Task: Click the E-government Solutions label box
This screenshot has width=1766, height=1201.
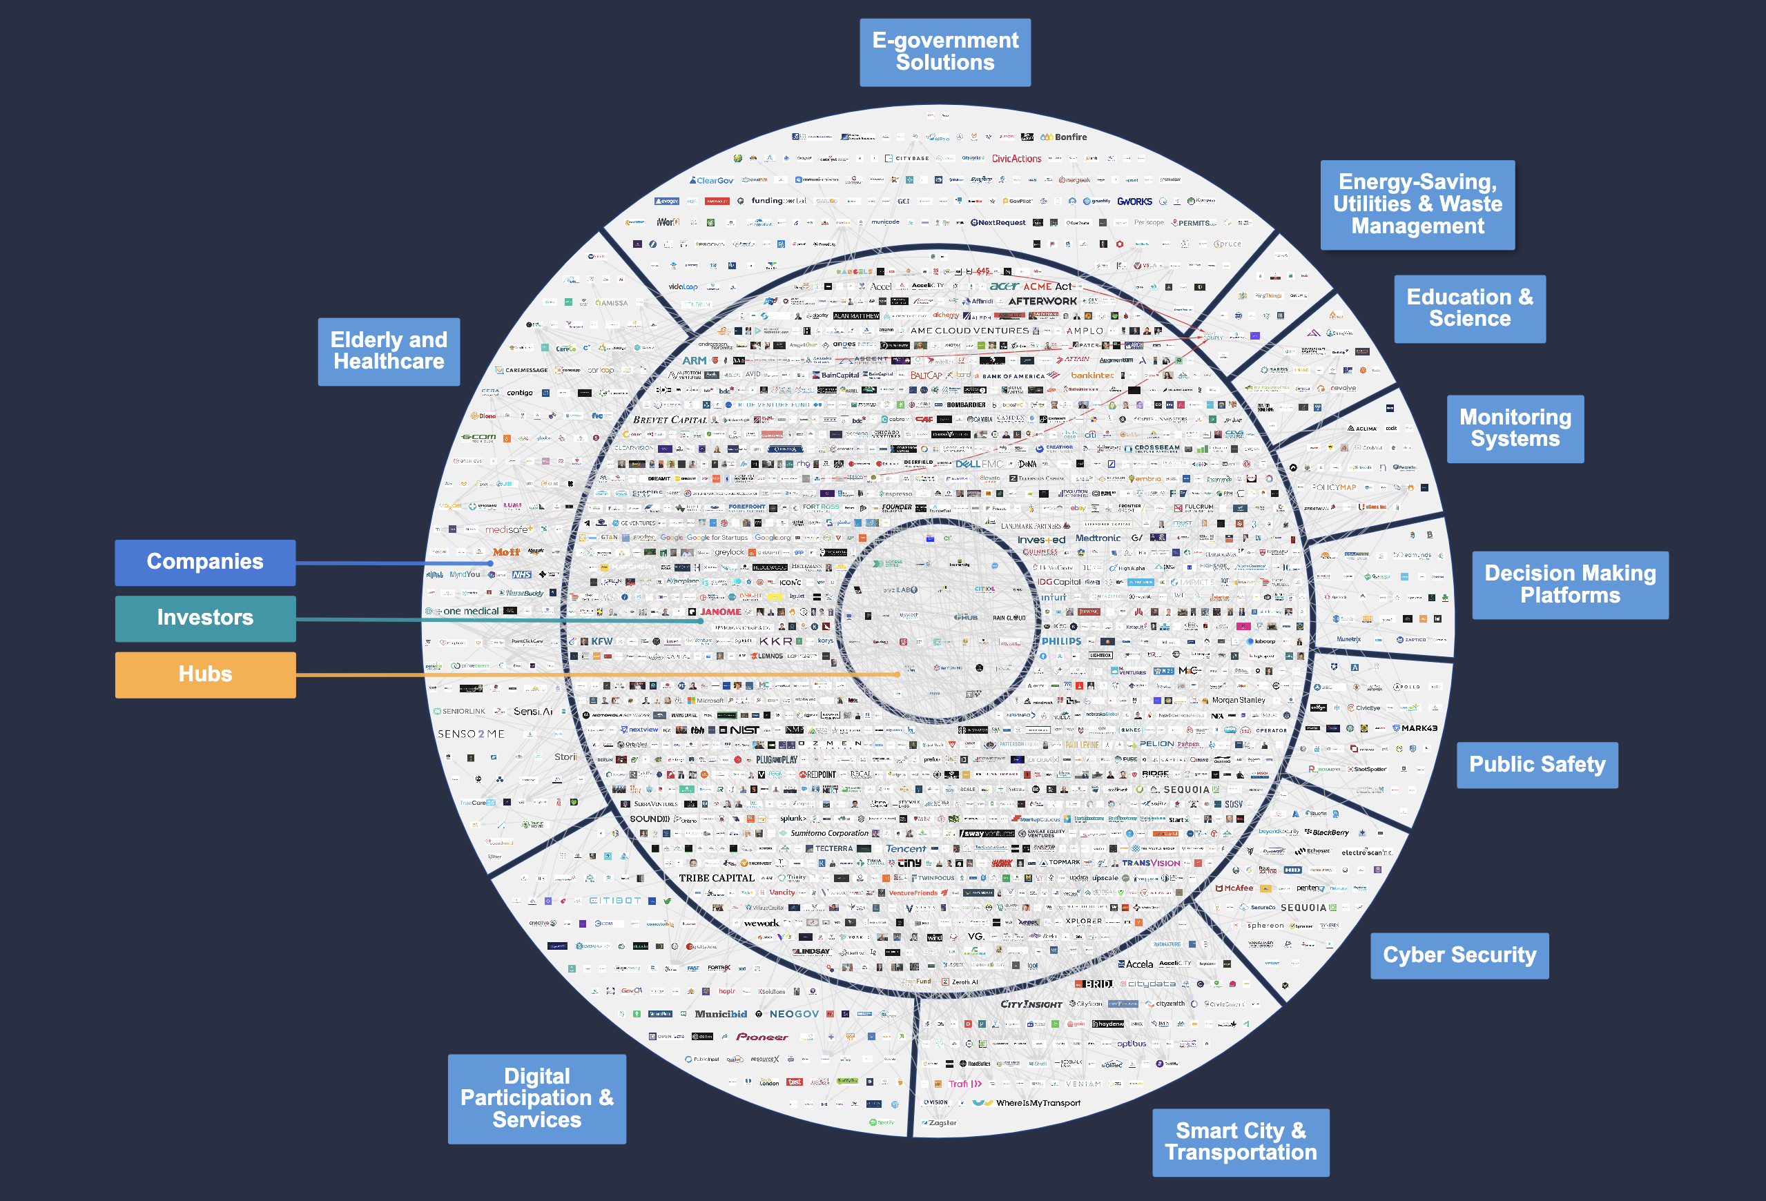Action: (x=944, y=52)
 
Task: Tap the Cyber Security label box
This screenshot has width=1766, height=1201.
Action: (x=1459, y=955)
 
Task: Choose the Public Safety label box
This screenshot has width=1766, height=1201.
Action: (x=1537, y=764)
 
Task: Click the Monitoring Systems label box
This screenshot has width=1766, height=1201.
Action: (x=1515, y=429)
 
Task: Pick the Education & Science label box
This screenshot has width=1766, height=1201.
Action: (x=1469, y=309)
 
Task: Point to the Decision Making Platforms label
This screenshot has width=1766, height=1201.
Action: (x=1570, y=584)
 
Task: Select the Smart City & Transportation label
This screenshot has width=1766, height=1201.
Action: (x=1240, y=1142)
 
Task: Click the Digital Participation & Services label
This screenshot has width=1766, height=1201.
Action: (x=536, y=1097)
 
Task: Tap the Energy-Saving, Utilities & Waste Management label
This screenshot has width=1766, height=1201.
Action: (x=1417, y=204)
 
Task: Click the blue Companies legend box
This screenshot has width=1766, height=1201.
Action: (x=205, y=562)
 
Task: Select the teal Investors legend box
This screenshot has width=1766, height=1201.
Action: (x=205, y=618)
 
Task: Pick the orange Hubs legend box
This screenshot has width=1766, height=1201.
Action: (x=205, y=674)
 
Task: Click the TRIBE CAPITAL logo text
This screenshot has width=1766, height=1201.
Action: (x=716, y=878)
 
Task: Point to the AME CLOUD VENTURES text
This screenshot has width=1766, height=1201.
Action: (x=969, y=331)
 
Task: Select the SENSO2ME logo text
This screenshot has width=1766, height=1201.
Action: (x=470, y=734)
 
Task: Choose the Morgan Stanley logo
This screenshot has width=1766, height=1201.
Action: (x=1238, y=701)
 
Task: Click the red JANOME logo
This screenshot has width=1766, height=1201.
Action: (x=719, y=612)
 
